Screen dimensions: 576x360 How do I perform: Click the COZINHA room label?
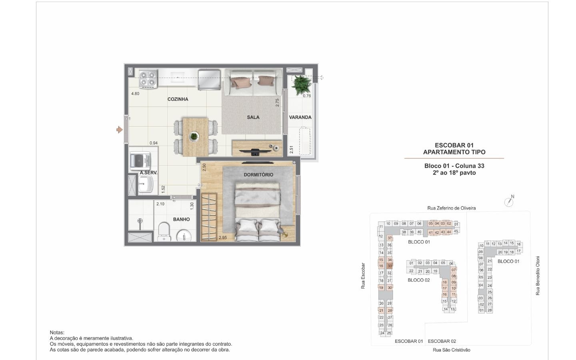178,99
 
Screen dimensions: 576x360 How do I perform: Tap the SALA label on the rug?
253,117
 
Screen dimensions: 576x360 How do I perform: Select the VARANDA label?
300,117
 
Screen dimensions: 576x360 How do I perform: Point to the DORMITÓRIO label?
258,175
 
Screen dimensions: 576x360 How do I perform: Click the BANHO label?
181,219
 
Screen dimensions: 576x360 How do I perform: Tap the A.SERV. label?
149,173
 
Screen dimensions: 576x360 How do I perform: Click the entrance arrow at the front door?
119,130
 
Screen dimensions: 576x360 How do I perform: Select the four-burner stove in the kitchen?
148,79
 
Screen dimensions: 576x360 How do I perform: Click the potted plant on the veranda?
302,85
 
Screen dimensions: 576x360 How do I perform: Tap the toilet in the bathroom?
164,232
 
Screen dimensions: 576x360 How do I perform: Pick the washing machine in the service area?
140,161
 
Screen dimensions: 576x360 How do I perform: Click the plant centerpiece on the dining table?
194,136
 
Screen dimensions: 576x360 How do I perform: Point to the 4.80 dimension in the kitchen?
135,94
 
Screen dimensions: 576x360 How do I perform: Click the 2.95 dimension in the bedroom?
223,238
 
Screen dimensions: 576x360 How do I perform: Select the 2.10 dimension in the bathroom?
160,204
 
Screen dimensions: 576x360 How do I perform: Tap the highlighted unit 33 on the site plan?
390,266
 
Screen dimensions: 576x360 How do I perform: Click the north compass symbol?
509,202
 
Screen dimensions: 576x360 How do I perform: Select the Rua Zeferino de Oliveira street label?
452,208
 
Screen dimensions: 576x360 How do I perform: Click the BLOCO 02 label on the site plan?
419,280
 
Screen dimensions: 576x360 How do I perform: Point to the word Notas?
57,333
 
